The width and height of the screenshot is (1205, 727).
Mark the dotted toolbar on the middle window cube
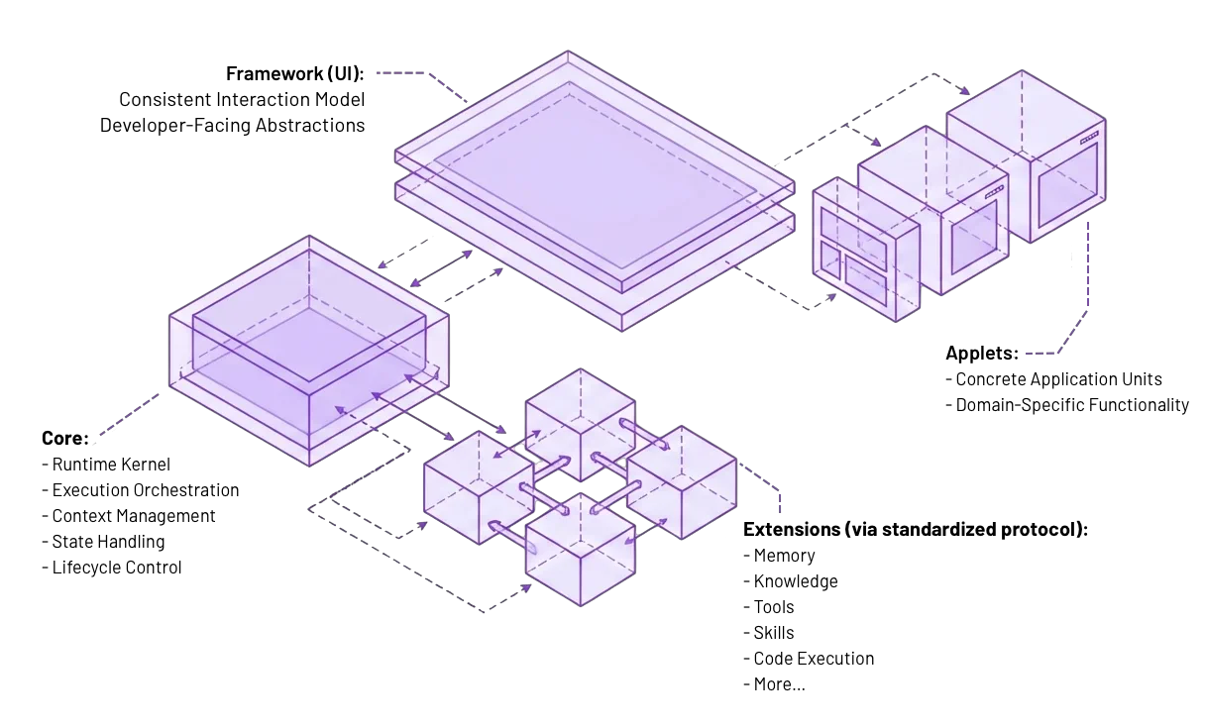[x=993, y=190]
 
